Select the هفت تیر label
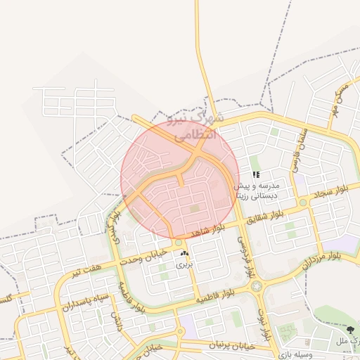pyautogui.click(x=90, y=268)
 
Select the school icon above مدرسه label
pyautogui.click(x=257, y=174)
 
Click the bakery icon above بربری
pyautogui.click(x=184, y=253)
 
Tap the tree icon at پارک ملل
pyautogui.click(x=349, y=329)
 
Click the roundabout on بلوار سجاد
pyautogui.click(x=303, y=202)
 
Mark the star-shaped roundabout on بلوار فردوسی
pyautogui.click(x=255, y=286)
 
